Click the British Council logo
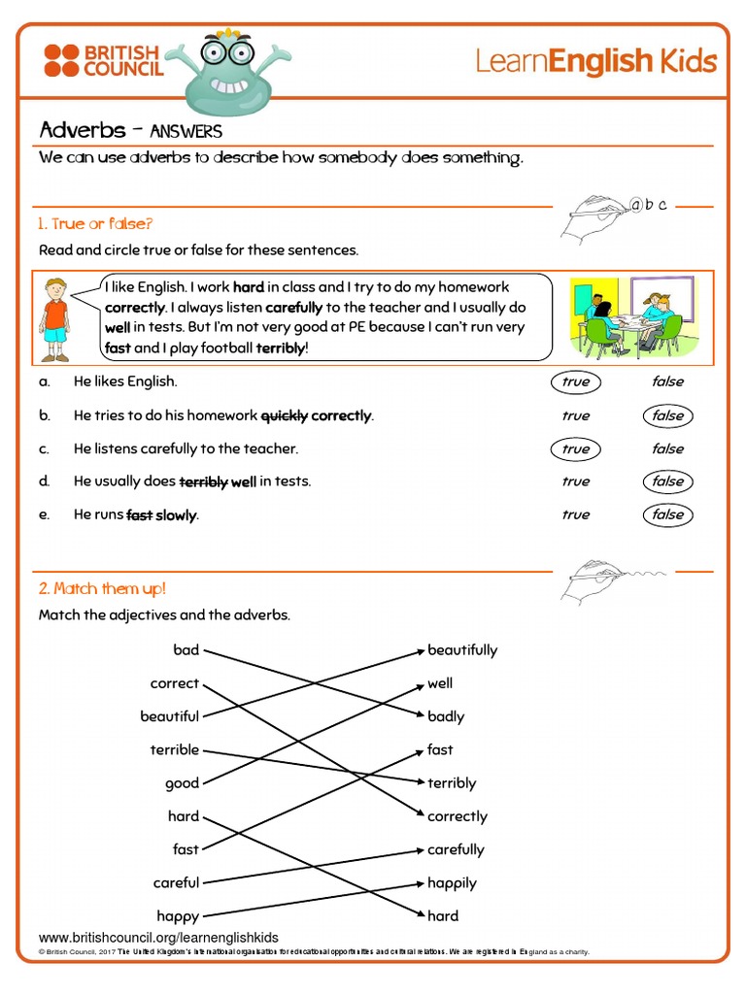103,60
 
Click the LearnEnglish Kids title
595,62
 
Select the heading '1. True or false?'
95,224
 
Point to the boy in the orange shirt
55,320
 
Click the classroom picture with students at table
631,317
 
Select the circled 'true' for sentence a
575,381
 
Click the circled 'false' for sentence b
667,415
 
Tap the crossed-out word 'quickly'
284,415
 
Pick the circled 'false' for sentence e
667,514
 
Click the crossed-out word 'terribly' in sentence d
203,481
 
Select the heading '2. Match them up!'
102,588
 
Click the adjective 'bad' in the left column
186,650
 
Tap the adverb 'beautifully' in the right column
462,650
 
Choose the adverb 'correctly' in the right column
458,816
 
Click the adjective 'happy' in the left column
178,915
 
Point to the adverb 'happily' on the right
452,882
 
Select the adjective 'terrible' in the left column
175,749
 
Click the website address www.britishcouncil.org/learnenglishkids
158,938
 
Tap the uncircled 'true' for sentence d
575,481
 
